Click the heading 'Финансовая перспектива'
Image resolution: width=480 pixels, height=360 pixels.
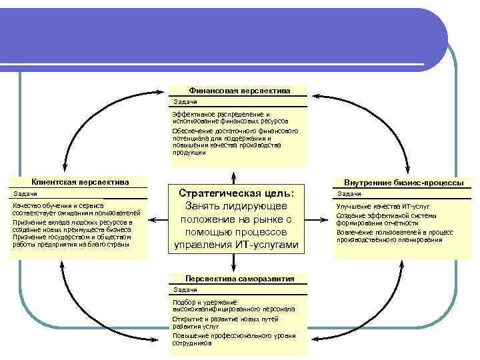click(238, 90)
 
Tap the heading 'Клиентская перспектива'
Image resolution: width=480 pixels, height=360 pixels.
click(80, 182)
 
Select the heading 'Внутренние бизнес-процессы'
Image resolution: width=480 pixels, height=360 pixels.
click(404, 183)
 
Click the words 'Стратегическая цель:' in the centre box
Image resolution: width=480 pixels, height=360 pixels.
click(237, 193)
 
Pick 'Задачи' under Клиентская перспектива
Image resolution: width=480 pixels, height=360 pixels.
click(25, 193)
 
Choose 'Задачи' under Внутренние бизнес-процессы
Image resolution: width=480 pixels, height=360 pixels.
click(349, 193)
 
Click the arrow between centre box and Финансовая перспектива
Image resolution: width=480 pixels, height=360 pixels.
click(234, 175)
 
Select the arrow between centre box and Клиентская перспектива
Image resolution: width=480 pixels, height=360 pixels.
click(158, 219)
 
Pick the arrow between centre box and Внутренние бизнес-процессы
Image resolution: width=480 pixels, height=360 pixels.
click(318, 219)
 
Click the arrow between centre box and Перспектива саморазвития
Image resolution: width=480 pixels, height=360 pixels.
click(234, 264)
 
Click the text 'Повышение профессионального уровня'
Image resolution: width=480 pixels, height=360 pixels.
click(233, 336)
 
